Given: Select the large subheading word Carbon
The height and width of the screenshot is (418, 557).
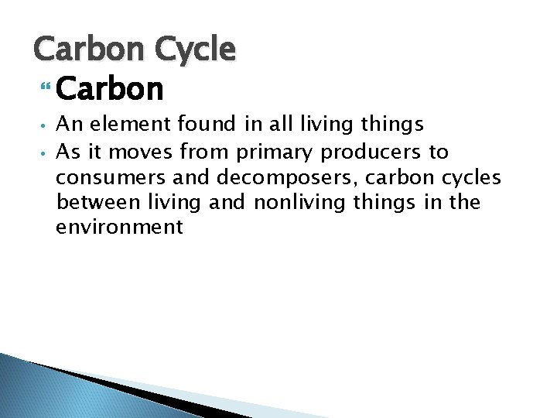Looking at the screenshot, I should click(110, 89).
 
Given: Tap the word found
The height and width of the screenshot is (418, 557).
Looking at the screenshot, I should click(196, 125).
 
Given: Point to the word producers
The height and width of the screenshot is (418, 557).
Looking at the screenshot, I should click(372, 152).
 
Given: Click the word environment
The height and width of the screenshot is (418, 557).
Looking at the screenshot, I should click(119, 228).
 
